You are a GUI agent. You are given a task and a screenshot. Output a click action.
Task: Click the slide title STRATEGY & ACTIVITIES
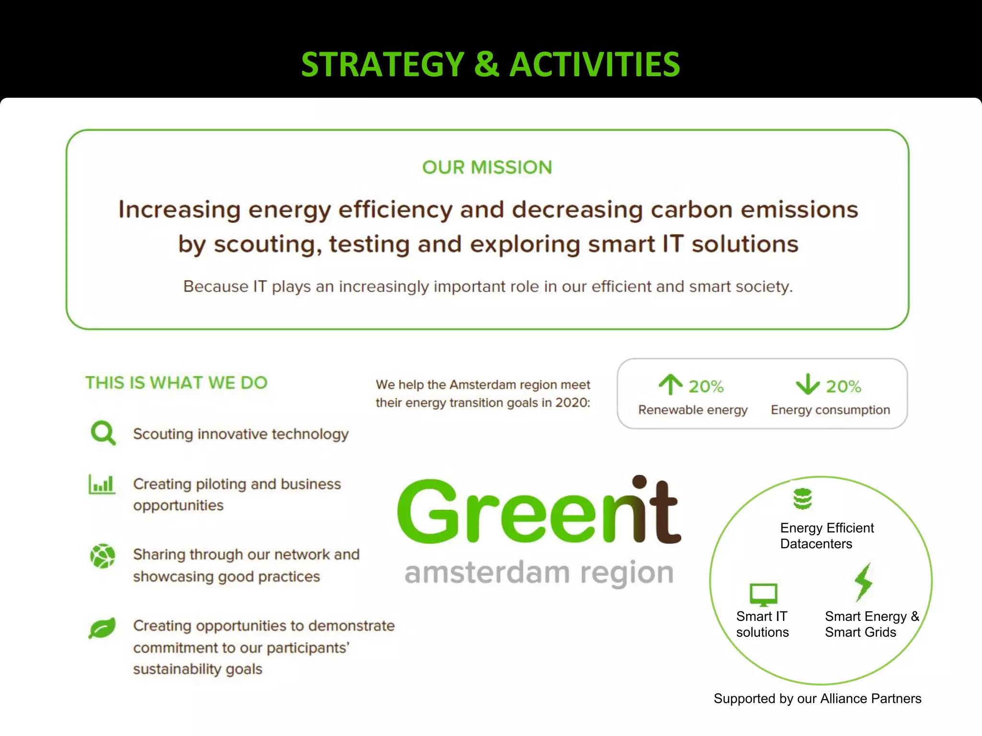[490, 65]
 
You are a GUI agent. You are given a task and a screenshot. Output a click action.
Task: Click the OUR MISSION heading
[487, 167]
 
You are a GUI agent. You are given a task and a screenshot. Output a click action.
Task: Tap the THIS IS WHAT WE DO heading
[176, 383]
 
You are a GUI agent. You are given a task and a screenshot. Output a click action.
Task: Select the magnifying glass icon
[103, 433]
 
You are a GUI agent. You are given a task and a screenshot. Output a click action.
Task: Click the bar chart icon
[102, 484]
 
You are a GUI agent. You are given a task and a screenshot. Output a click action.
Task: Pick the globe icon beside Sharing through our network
[103, 556]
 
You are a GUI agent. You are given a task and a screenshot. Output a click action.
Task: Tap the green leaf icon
[102, 628]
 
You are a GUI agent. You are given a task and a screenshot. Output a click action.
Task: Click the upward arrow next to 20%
[670, 384]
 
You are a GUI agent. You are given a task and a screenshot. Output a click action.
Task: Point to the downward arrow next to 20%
[807, 384]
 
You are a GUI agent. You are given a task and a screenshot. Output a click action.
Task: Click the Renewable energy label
[692, 410]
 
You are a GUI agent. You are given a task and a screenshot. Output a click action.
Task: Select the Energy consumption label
[830, 410]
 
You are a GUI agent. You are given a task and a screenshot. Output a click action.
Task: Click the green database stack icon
[802, 499]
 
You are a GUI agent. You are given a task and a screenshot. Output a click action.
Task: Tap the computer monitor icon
[763, 595]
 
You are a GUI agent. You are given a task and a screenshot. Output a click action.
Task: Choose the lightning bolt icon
[864, 582]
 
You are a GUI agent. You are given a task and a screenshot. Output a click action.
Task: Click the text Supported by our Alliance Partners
[817, 699]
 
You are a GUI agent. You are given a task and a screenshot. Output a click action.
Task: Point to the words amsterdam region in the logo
[539, 573]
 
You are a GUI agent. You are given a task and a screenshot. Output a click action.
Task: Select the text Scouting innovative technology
[241, 434]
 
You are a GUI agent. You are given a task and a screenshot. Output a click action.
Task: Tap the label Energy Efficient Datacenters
[827, 536]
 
